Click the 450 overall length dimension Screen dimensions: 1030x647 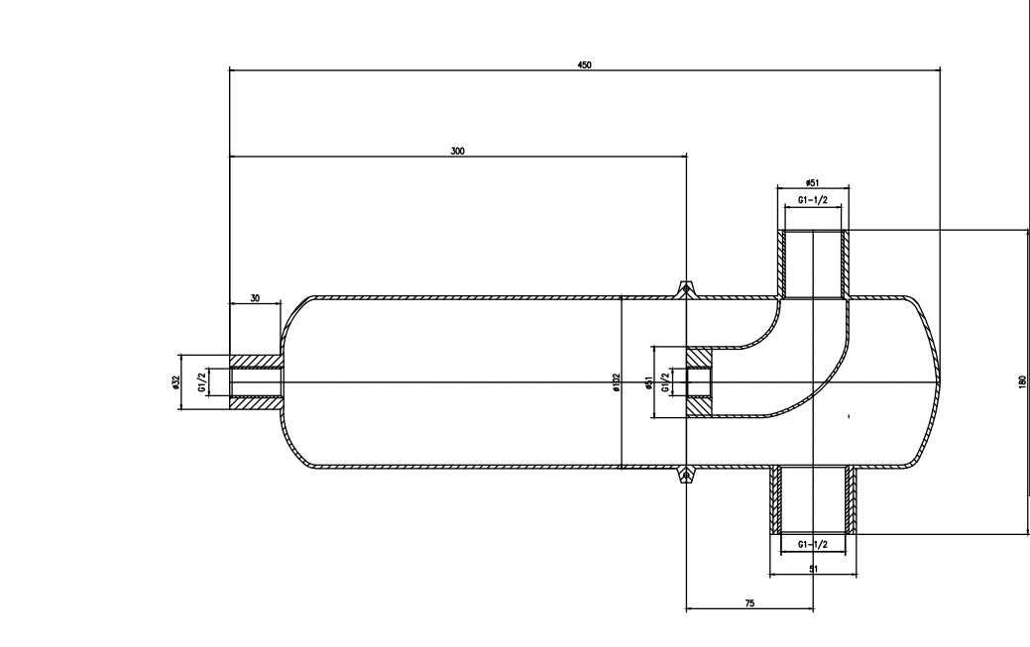click(x=584, y=65)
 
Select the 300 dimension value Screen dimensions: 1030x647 click(x=457, y=151)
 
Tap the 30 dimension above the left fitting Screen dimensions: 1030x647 click(x=255, y=298)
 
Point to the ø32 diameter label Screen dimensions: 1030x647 click(x=174, y=382)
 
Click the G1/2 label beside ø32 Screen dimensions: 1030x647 click(x=203, y=381)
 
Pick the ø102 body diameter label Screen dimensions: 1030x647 click(x=616, y=382)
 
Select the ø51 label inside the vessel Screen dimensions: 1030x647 click(x=648, y=383)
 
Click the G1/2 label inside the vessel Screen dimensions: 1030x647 click(x=666, y=382)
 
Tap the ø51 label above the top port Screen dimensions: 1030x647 click(x=812, y=182)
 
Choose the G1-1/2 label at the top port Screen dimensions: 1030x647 click(x=813, y=200)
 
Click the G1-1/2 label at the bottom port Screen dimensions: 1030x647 click(x=813, y=544)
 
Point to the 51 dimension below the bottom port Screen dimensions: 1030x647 click(x=813, y=569)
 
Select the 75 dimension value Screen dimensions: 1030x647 click(x=750, y=603)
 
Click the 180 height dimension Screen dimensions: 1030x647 click(x=1022, y=381)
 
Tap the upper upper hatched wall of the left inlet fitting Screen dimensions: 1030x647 click(x=256, y=362)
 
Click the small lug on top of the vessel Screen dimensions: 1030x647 click(x=686, y=288)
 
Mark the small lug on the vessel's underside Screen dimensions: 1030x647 click(x=686, y=475)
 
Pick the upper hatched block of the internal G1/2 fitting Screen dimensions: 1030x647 click(x=698, y=357)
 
